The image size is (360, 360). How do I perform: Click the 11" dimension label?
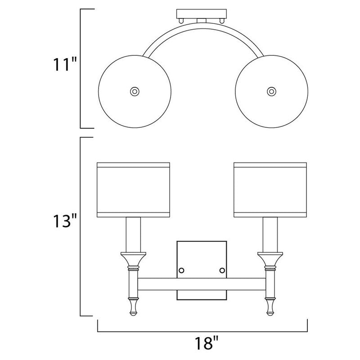[x=64, y=64]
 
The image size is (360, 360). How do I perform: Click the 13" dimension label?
[x=64, y=221]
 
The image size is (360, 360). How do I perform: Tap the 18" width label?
[x=206, y=343]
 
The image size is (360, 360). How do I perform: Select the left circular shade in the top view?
[x=135, y=91]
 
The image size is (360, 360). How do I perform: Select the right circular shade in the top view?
[x=272, y=91]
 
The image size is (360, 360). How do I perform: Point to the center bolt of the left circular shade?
[x=135, y=91]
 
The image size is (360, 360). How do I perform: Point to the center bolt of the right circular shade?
[x=272, y=91]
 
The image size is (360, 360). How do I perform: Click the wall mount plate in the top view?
[x=201, y=14]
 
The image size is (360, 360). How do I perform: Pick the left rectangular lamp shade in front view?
[x=133, y=190]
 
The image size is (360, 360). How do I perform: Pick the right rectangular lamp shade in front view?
[x=270, y=190]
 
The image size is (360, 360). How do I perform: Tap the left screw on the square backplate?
[x=181, y=270]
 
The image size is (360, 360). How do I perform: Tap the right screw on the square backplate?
[x=222, y=270]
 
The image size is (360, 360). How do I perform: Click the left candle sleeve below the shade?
[x=133, y=234]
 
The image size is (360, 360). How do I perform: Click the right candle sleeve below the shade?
[x=270, y=234]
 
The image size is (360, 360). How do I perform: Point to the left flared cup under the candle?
[x=133, y=260]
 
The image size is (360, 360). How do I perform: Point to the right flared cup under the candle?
[x=270, y=260]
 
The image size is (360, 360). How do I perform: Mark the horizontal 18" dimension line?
[x=202, y=332]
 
